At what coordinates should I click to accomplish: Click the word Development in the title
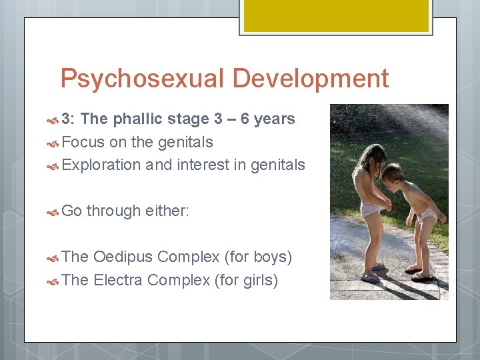(x=311, y=79)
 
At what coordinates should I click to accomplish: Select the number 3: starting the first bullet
(x=69, y=119)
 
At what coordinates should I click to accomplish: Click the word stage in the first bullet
(x=189, y=119)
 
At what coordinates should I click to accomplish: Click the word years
(x=275, y=119)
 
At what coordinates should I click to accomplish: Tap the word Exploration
(x=101, y=165)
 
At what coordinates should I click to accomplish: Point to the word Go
(x=71, y=211)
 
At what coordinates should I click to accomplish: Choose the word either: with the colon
(x=169, y=211)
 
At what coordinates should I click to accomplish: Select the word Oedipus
(x=124, y=257)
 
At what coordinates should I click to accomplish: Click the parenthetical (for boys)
(x=259, y=257)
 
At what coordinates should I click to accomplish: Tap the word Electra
(x=119, y=280)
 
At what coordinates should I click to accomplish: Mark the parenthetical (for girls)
(x=245, y=280)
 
